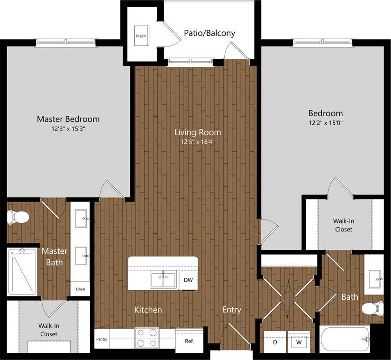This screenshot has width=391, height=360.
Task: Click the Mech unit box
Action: (x=141, y=36)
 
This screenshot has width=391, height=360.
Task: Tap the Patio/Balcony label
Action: (x=209, y=33)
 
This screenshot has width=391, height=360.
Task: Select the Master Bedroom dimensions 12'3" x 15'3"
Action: (x=68, y=129)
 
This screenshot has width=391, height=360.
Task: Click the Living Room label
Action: (x=197, y=132)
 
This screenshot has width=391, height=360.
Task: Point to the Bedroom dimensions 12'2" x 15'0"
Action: (x=326, y=123)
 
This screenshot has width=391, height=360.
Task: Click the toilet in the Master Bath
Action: (x=18, y=217)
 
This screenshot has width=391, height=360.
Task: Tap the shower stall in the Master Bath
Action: (x=22, y=271)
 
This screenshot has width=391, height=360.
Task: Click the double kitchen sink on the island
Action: (x=163, y=279)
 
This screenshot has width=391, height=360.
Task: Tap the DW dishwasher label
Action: (x=188, y=280)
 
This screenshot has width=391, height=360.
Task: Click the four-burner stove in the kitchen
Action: (x=146, y=338)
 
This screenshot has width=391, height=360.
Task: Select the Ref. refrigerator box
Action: (x=189, y=341)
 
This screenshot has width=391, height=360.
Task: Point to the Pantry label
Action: (x=102, y=339)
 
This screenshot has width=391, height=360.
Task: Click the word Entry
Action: (x=232, y=310)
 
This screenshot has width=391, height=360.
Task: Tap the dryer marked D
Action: (x=275, y=342)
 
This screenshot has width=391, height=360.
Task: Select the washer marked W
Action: (x=299, y=342)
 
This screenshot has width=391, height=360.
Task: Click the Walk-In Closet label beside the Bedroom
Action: (x=343, y=225)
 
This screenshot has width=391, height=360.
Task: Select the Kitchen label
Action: (x=148, y=310)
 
